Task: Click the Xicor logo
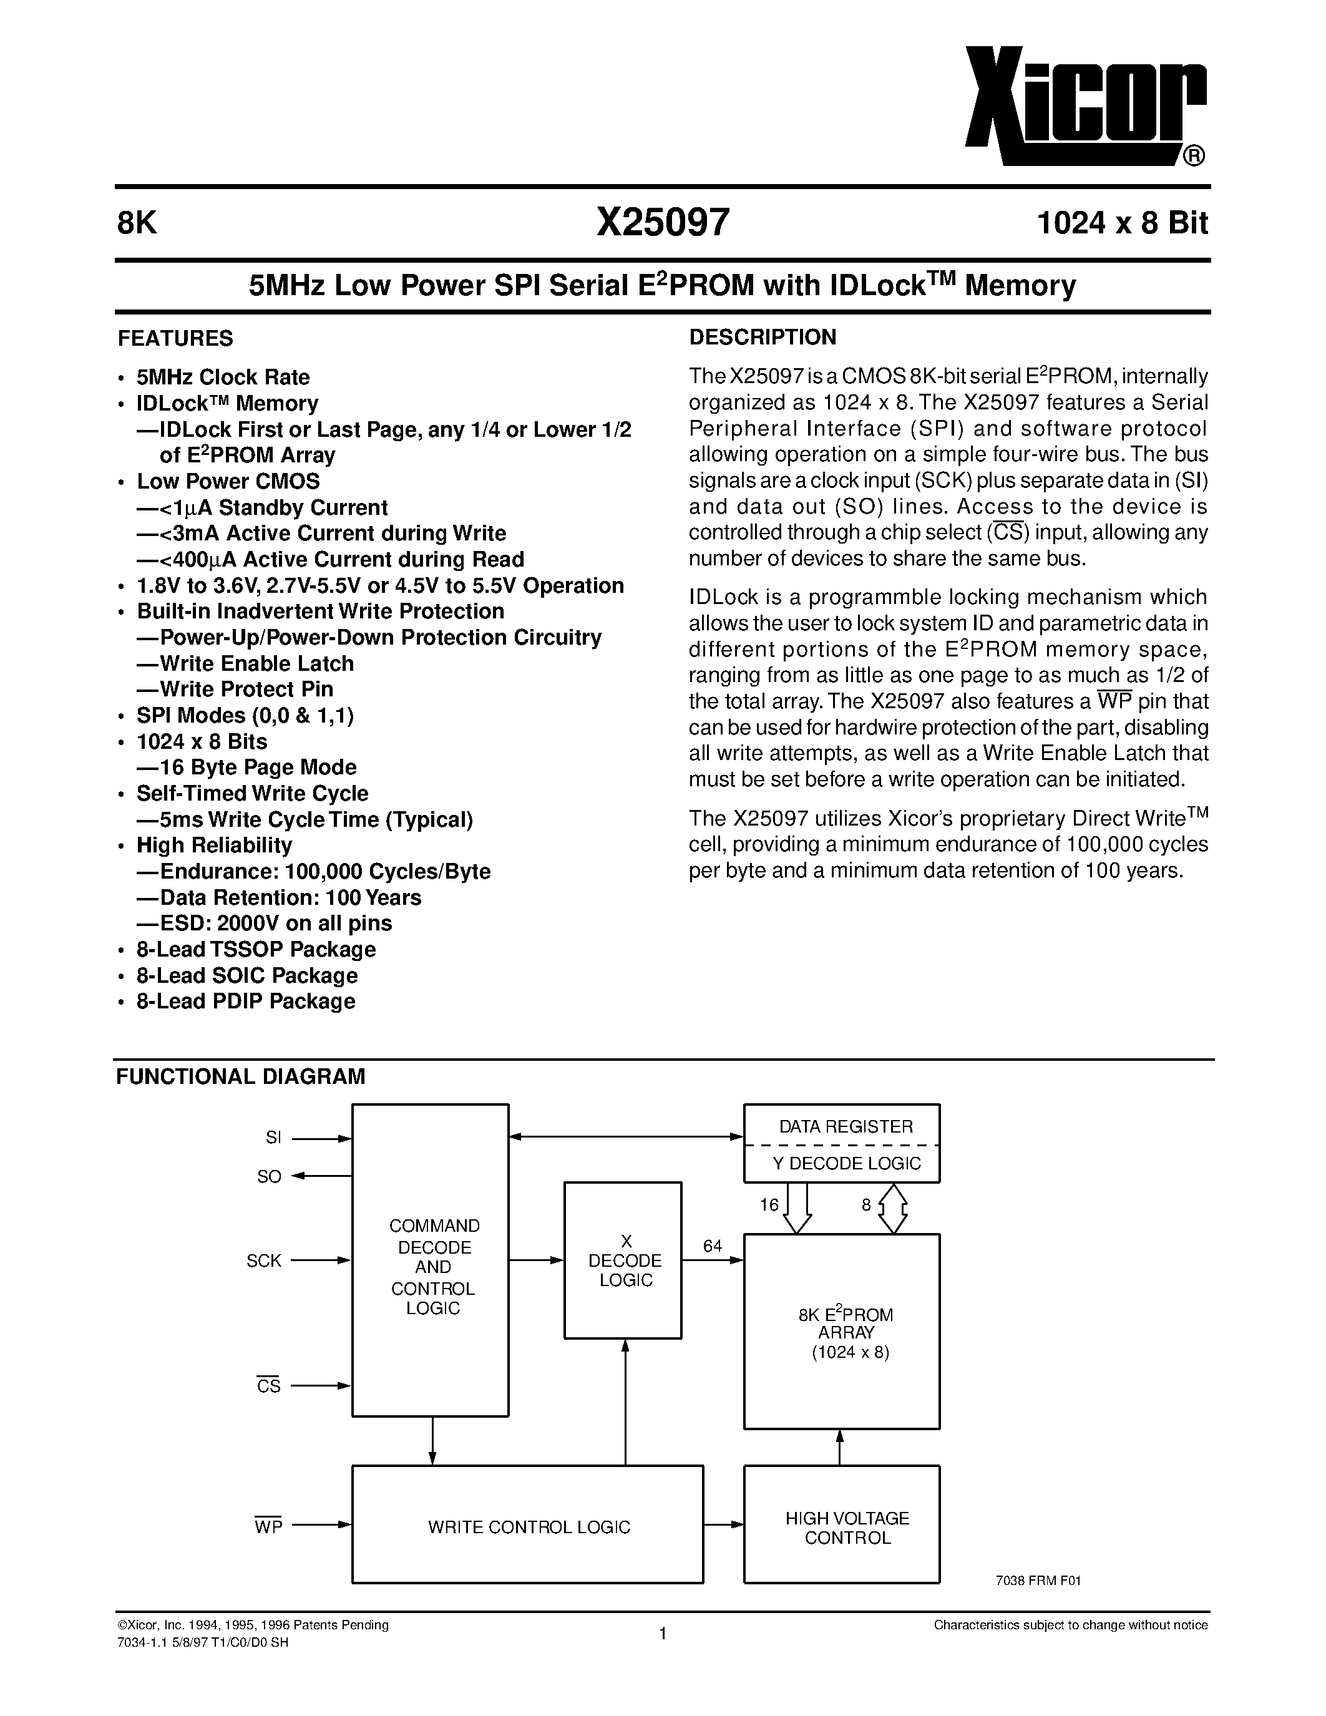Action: coord(1084,106)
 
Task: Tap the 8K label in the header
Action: coord(137,224)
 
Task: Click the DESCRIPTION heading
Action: coord(762,338)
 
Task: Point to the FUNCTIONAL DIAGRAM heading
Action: coord(240,1076)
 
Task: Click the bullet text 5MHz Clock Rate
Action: coord(223,377)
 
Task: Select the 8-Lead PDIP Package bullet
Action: coord(245,1002)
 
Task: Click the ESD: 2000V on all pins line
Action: coord(275,924)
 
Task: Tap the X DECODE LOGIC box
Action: coord(625,1260)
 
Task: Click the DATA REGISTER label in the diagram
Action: coord(846,1127)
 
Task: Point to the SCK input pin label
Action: coord(264,1260)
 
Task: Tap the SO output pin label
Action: coord(269,1177)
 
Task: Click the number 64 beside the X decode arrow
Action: coord(713,1246)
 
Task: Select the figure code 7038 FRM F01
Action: coord(1038,1581)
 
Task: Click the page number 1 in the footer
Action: coord(662,1634)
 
